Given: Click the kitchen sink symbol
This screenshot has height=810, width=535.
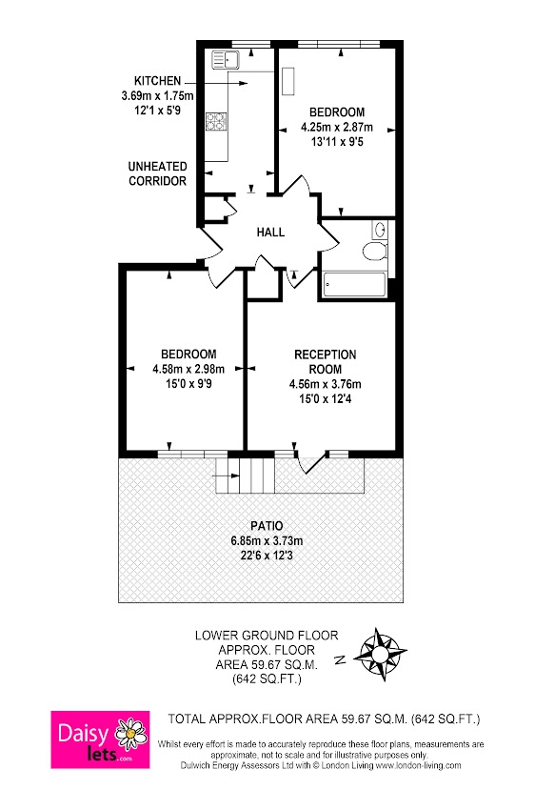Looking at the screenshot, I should coord(226,60).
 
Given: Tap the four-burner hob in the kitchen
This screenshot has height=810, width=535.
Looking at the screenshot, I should coord(216,121).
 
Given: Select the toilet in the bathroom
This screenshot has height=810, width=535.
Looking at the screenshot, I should coord(375,251).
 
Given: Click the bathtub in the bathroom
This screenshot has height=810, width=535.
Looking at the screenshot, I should coord(354,283).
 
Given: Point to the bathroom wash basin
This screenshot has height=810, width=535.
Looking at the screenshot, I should coord(380,229).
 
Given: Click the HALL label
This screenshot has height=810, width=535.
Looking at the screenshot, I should coord(270,232).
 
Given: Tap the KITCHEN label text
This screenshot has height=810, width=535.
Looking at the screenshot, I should coord(158,80).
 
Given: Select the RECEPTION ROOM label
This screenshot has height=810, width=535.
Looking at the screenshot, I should coord(325,361).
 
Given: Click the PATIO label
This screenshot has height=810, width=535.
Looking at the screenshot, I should coord(267,525).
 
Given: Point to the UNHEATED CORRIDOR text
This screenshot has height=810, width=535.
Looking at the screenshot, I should coord(157,173).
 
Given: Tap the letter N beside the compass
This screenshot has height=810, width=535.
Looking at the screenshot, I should coord(341,658).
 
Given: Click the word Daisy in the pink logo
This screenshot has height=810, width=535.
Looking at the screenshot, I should coord(84,732).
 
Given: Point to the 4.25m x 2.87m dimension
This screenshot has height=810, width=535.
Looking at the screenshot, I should coord(336,126).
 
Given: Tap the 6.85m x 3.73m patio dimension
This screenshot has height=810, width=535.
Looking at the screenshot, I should coord(267,540).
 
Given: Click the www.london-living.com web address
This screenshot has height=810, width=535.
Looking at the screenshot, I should coord(416,765).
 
